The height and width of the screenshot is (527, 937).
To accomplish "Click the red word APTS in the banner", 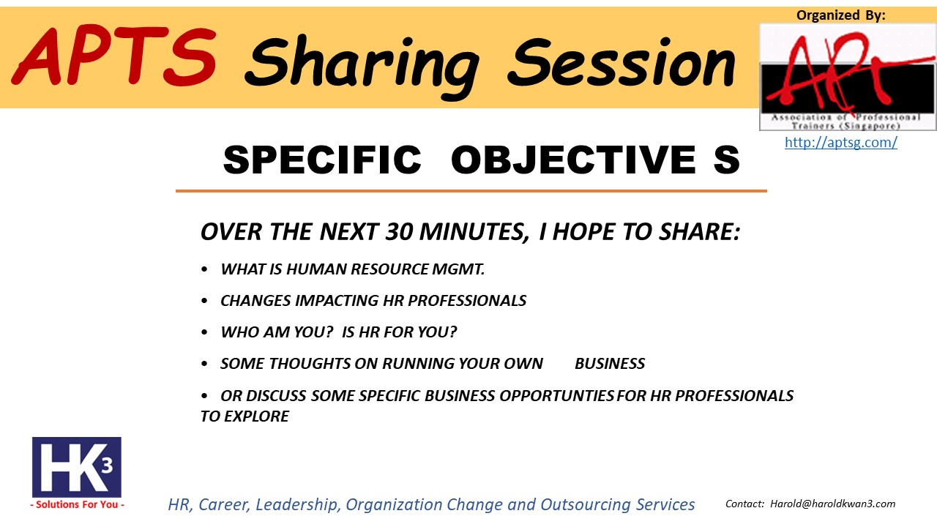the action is point(113,56).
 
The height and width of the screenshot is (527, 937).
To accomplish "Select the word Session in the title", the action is point(621,63).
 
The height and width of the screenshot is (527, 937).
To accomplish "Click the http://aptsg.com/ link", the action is point(841,142).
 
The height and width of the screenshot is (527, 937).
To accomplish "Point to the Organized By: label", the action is point(841,15).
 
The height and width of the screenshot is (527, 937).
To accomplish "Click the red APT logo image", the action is point(848,77).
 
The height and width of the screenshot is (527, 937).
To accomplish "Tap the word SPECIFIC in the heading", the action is point(322,160).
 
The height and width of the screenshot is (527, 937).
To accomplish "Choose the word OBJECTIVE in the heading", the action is point(573,160).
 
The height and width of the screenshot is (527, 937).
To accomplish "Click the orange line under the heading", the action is point(471,191).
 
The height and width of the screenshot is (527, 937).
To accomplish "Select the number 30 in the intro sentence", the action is point(400,232).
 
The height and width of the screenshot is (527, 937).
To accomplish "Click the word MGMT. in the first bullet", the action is point(458,269).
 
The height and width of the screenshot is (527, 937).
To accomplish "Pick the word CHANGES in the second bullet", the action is point(255,301).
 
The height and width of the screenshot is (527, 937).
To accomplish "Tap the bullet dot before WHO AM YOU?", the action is point(204,332).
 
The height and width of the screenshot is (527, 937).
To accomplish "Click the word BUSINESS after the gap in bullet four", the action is point(610,364).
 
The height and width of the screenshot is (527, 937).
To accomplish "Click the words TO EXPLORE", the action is point(244,416).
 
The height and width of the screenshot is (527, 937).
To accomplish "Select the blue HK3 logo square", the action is point(77,467).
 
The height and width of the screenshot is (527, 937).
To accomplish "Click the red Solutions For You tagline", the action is point(77,504).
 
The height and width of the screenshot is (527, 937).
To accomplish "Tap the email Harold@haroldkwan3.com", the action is point(833,504).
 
